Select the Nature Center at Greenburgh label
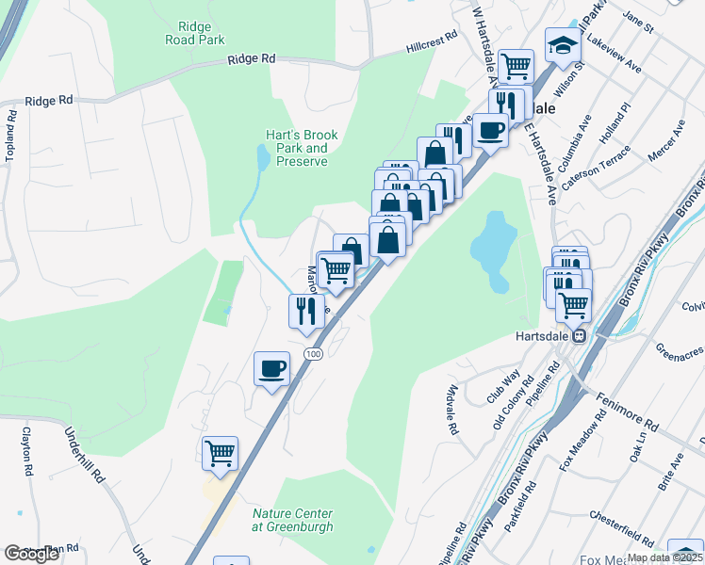coord(292,520)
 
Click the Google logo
coord(31,554)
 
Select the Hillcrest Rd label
coord(432,40)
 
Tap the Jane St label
coord(638,24)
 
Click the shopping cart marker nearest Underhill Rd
coord(220,454)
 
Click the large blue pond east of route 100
coord(494,250)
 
